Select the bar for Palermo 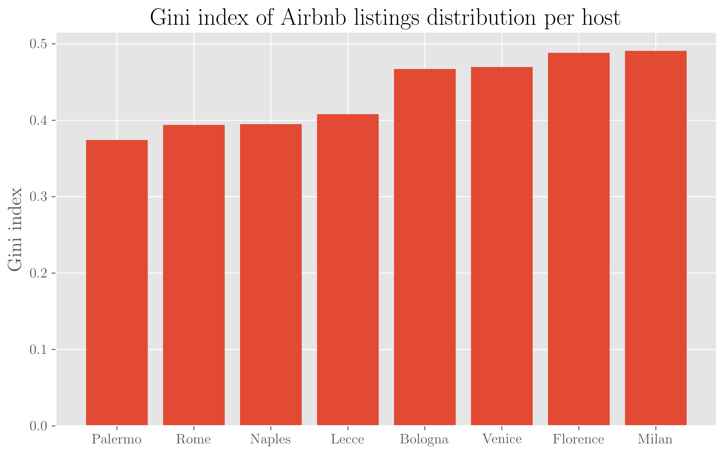click(117, 283)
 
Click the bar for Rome click(194, 275)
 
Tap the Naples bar click(271, 275)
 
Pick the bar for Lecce click(348, 270)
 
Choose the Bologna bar click(425, 247)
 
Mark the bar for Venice click(502, 246)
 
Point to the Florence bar click(579, 239)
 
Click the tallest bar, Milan click(655, 238)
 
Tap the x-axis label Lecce click(348, 439)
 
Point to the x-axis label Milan click(655, 439)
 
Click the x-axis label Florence click(578, 439)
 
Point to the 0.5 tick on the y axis click(38, 44)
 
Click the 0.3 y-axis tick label click(38, 197)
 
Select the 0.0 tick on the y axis click(38, 426)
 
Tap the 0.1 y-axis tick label click(38, 350)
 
